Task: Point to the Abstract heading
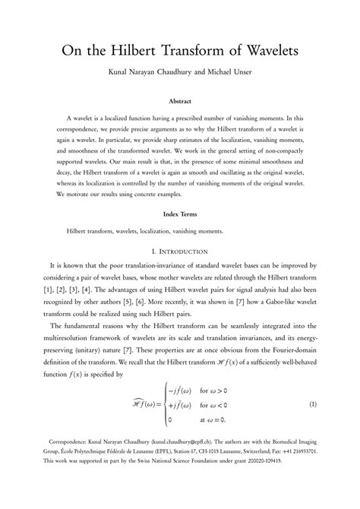179,100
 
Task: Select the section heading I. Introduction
179,251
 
